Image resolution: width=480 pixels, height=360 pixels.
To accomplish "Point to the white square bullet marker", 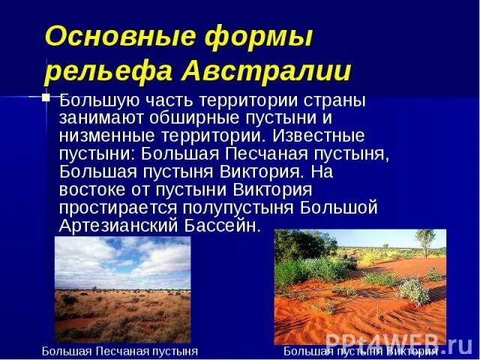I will coord(46,97).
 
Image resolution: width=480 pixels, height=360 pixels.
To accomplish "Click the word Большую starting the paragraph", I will coord(95,100).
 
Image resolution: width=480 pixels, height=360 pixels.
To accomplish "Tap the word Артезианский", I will coord(113,226).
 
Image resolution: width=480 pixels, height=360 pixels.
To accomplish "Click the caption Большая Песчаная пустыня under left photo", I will coord(119,351).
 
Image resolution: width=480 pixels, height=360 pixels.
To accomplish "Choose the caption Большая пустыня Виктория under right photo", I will coord(360,351).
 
